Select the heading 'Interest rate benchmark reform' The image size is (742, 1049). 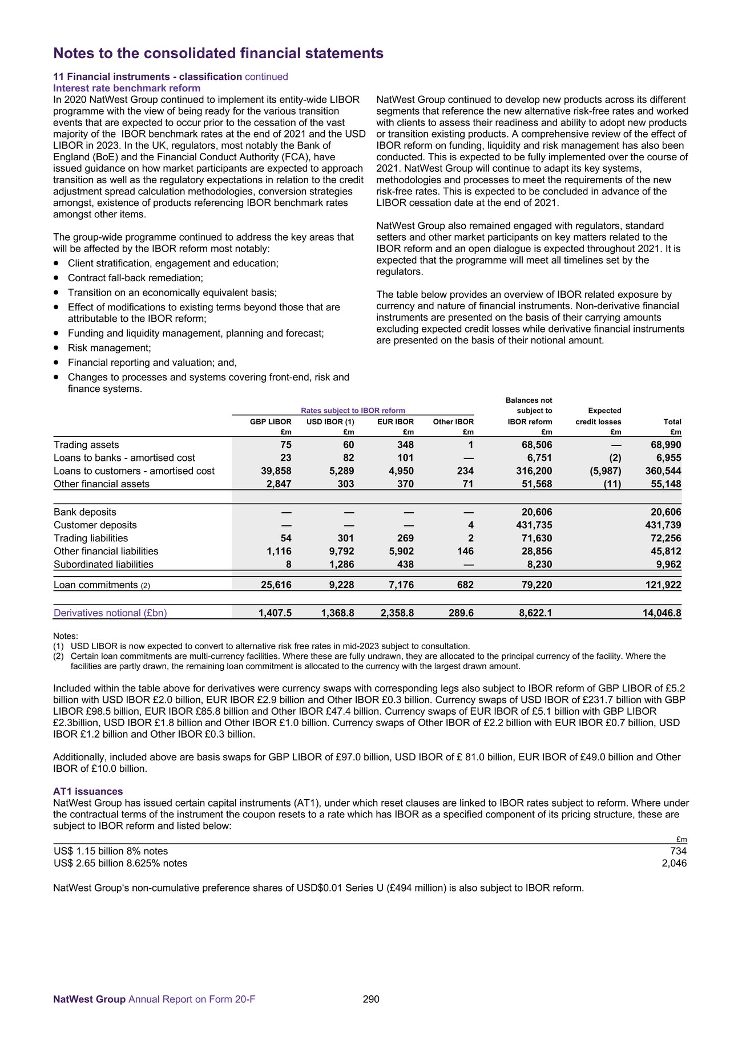127,88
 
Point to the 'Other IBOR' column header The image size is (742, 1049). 453,422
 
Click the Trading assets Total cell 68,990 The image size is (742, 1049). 666,444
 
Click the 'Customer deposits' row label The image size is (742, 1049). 95,525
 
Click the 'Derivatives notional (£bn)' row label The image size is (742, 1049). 110,613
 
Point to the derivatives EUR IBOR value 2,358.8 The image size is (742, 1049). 397,613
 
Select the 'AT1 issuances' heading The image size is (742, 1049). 88,791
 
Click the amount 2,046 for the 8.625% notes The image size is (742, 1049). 674,863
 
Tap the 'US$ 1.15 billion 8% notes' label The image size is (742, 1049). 111,851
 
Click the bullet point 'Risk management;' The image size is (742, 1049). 110,348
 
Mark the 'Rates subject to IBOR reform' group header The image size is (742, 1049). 353,410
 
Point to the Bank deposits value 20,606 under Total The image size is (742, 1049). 666,512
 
